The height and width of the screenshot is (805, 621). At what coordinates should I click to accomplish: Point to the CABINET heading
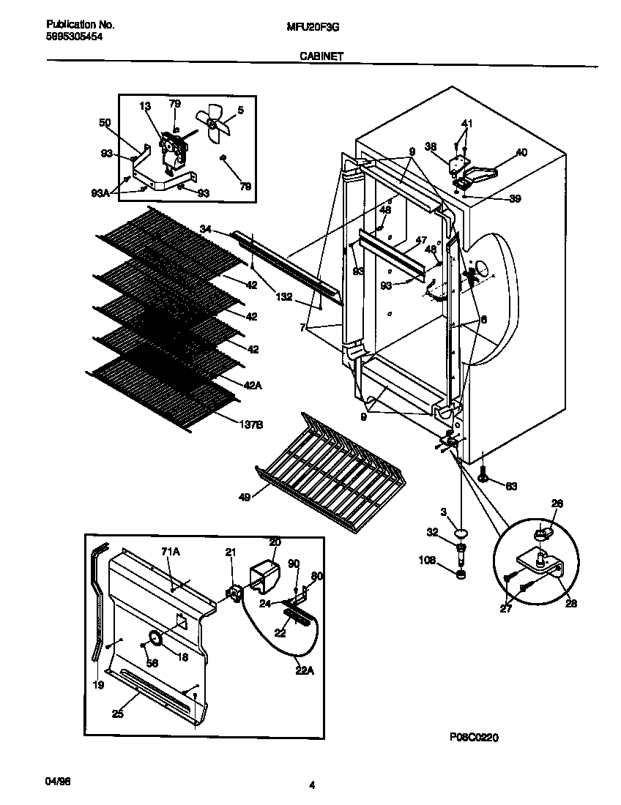321,55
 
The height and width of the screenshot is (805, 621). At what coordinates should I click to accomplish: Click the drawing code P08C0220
475,738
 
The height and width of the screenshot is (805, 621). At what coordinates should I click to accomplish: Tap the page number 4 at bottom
311,785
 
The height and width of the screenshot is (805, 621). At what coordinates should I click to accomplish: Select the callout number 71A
169,550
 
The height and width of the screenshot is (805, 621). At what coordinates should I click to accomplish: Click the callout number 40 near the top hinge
521,152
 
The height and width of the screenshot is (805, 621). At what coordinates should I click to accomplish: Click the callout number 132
284,297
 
